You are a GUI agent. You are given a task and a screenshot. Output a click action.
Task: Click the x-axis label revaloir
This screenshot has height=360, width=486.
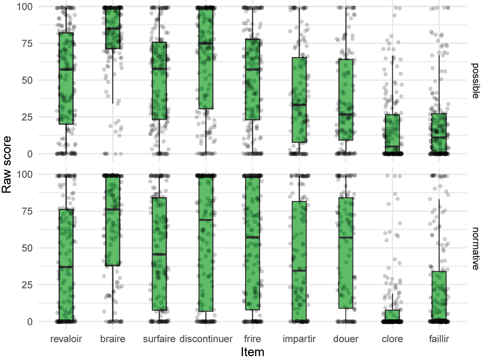point(66,339)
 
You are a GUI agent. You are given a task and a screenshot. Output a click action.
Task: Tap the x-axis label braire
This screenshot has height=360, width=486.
point(113,339)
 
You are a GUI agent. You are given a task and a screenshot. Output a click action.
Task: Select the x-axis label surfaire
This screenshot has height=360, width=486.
point(159,339)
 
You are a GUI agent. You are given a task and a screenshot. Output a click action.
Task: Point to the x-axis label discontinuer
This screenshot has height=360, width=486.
point(206,339)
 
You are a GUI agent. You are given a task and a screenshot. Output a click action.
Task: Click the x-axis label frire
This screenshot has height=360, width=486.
point(252,339)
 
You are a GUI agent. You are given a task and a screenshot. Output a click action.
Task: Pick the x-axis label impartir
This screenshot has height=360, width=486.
point(299,339)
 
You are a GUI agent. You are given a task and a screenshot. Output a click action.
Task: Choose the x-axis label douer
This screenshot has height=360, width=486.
point(346,339)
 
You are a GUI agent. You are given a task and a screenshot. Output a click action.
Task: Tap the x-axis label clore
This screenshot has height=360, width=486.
point(392,339)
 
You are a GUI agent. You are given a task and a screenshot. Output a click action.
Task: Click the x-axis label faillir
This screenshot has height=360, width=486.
point(439,339)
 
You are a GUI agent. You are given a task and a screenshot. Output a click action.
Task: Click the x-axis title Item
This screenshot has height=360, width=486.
point(252,352)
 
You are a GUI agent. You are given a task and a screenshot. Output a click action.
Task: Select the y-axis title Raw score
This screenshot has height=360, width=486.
point(7,164)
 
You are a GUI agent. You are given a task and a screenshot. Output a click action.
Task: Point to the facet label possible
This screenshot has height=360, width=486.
point(475,80)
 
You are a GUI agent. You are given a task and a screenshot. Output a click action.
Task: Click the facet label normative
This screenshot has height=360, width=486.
point(475,249)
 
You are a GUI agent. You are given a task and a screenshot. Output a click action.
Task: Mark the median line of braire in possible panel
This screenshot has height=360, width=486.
point(113,28)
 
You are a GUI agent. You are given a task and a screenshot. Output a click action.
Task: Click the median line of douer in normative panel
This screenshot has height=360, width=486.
point(346,238)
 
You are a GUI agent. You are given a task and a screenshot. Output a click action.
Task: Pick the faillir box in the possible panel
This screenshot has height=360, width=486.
point(439,132)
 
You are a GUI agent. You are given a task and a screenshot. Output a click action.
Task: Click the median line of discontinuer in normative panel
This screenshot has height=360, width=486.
point(206,220)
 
